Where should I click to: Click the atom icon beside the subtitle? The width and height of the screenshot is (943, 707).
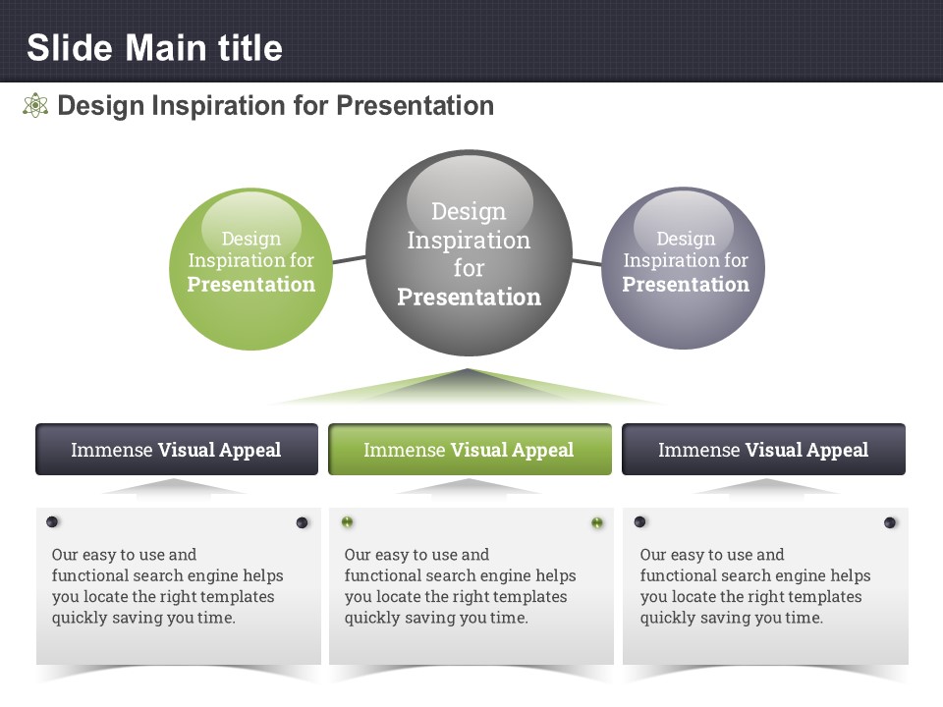click(35, 105)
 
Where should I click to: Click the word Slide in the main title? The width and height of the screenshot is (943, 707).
click(70, 48)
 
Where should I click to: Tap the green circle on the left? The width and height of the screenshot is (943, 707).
click(250, 269)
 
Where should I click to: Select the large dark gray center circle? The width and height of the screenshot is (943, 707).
click(470, 252)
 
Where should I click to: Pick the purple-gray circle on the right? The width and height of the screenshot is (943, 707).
click(684, 268)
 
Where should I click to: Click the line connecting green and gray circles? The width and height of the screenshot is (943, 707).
click(349, 259)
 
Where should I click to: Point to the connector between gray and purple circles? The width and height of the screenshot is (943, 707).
click(587, 262)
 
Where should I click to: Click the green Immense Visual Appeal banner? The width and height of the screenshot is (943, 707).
click(470, 449)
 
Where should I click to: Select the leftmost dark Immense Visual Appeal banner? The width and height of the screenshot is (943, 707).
click(177, 449)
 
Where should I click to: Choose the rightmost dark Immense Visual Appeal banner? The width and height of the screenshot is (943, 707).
click(763, 449)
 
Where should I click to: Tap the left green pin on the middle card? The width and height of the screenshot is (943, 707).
click(347, 521)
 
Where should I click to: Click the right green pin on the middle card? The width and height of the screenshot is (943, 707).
click(596, 522)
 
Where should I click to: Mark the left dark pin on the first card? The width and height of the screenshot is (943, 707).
click(52, 521)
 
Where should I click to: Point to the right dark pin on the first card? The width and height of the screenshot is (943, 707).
click(302, 522)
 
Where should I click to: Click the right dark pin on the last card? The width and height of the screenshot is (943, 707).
click(890, 522)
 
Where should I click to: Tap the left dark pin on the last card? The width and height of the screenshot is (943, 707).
click(639, 521)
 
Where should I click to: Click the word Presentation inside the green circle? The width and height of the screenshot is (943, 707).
click(250, 284)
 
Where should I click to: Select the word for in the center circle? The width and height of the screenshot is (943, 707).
click(470, 268)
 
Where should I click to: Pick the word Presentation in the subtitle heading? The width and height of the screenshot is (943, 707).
click(415, 105)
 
